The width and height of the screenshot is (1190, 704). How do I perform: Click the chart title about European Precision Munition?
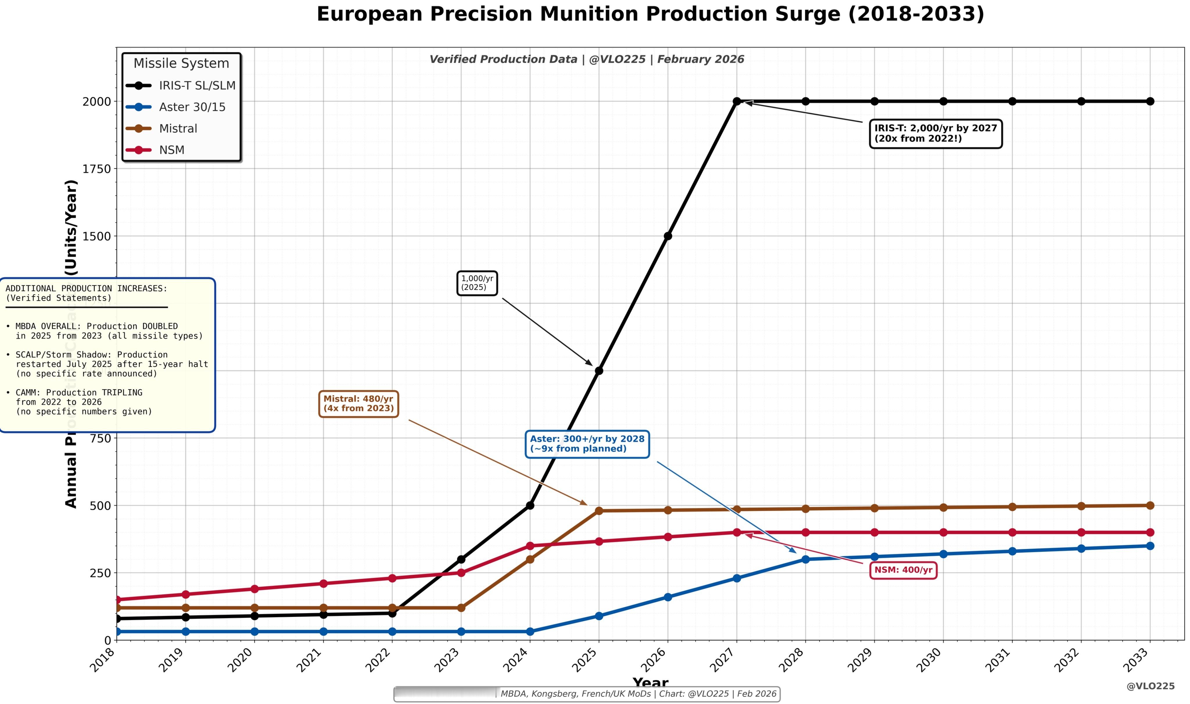[x=650, y=14]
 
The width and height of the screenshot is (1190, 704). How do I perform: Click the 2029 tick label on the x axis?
[x=861, y=660]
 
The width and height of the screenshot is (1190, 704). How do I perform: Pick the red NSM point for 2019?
[x=186, y=595]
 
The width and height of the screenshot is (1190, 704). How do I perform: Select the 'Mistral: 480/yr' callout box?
[x=359, y=404]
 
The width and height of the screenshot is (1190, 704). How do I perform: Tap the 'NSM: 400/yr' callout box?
[x=903, y=570]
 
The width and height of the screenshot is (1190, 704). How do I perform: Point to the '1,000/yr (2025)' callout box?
[x=477, y=283]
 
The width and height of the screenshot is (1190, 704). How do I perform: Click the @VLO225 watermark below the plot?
[x=1150, y=687]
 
